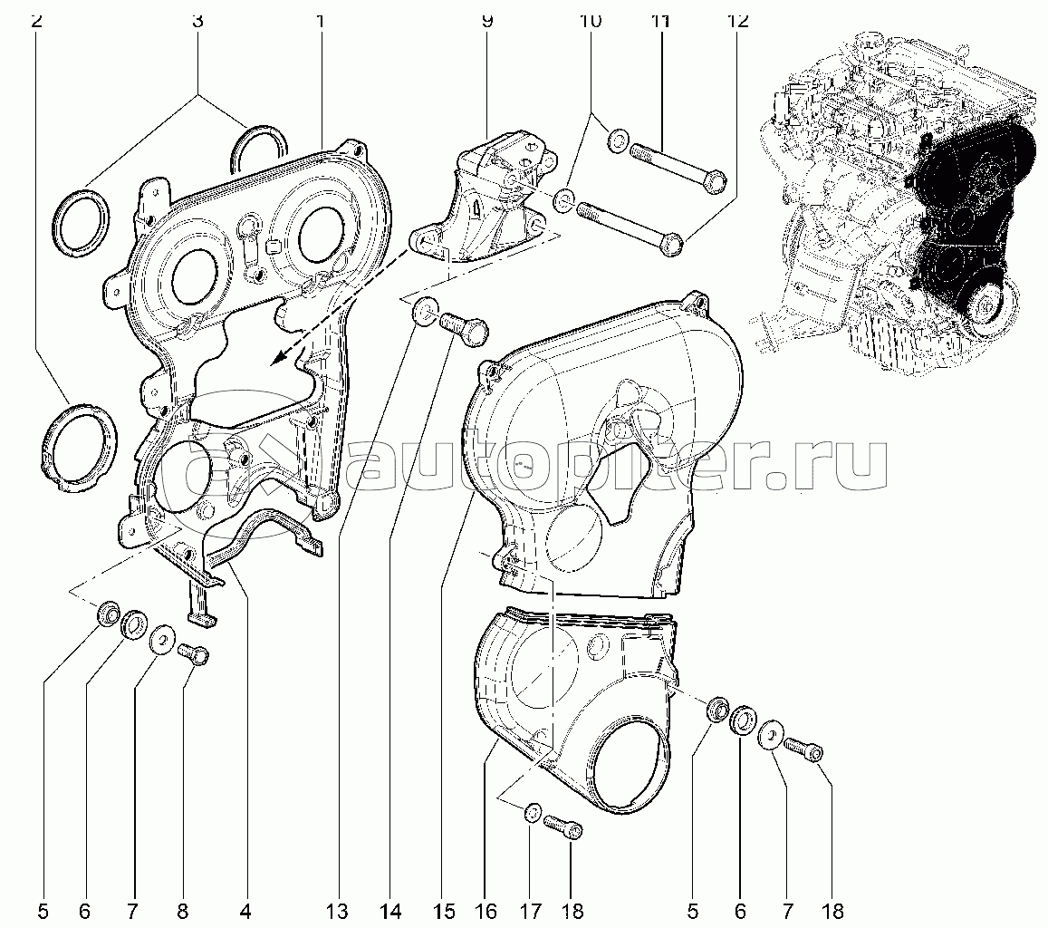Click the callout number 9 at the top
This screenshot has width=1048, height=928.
(486, 20)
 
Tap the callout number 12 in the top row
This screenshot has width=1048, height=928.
(737, 20)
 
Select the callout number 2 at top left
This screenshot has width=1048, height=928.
(36, 20)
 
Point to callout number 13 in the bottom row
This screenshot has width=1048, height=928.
(338, 911)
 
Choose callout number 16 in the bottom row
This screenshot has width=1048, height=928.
(486, 911)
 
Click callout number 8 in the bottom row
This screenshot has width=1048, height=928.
(182, 911)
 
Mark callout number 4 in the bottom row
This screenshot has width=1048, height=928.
(245, 911)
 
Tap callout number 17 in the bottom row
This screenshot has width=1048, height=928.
(529, 911)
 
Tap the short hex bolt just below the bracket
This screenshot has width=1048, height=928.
(464, 328)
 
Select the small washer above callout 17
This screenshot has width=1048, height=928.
(533, 812)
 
